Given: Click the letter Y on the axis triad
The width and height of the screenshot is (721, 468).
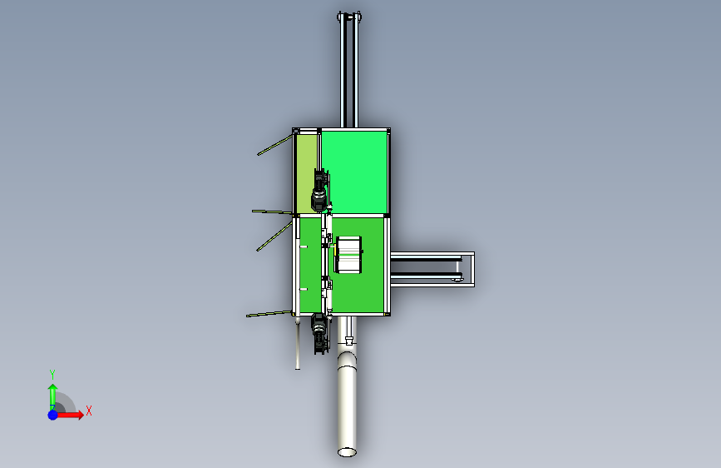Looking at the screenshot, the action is point(52,374).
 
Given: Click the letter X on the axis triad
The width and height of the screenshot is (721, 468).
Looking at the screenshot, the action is point(89,411).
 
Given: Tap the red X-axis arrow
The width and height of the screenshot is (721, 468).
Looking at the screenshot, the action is point(69,415).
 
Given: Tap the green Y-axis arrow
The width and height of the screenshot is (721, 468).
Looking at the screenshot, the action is point(53,396).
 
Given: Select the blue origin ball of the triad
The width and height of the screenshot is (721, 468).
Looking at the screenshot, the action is point(53,415).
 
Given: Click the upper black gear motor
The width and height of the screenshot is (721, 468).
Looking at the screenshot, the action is point(320,190).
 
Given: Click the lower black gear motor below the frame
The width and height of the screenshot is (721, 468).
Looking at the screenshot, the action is point(320,332).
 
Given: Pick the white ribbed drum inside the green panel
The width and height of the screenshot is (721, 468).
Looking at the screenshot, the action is point(348,254).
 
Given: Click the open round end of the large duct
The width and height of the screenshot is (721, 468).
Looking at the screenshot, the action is point(347,452).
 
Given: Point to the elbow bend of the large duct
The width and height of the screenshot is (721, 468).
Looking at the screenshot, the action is point(347,358).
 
